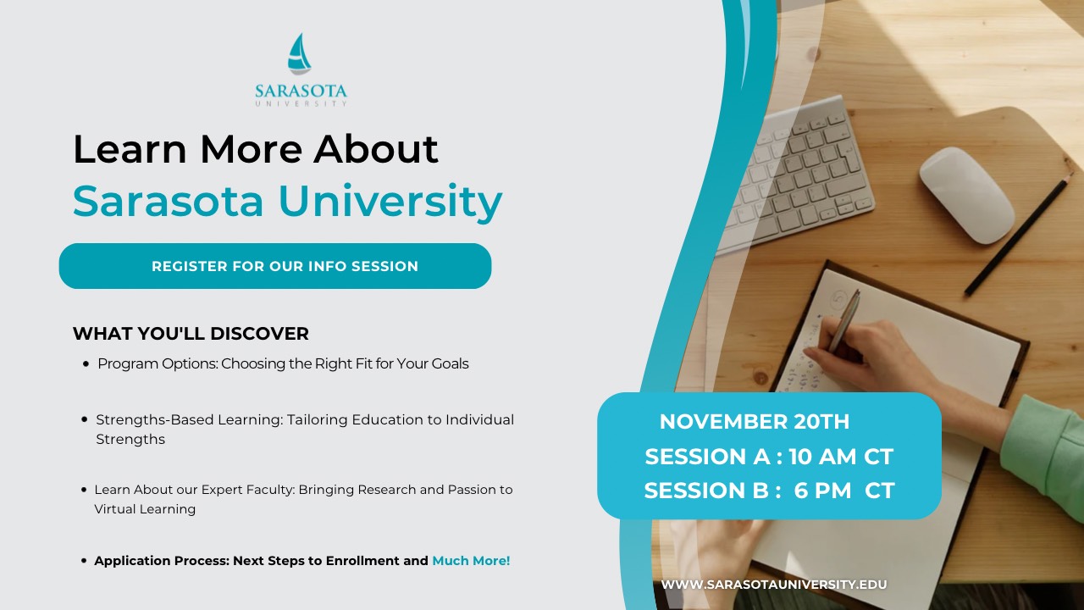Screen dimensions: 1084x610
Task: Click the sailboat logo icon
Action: pos(299,54)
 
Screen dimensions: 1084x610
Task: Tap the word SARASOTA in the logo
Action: pos(301,91)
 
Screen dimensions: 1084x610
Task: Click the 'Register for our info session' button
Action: pos(275,266)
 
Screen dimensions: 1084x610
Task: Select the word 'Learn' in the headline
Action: pos(130,149)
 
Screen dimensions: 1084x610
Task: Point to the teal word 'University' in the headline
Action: pos(390,202)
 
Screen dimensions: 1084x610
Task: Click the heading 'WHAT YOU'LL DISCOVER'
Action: pos(191,334)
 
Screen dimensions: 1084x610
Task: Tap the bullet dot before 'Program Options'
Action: pos(86,363)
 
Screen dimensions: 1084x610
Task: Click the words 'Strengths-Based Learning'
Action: pos(189,419)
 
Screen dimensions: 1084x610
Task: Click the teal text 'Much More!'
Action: pos(471,561)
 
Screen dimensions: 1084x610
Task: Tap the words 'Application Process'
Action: pos(162,561)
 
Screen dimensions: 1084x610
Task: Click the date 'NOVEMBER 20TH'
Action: pos(754,422)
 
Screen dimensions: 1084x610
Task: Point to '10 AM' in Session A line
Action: pos(816,457)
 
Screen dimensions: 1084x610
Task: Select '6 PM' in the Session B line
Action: pos(822,491)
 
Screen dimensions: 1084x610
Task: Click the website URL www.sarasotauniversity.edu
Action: pos(774,585)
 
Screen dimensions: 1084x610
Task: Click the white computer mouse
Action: pos(966,195)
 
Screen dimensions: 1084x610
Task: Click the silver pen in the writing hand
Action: pos(844,319)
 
